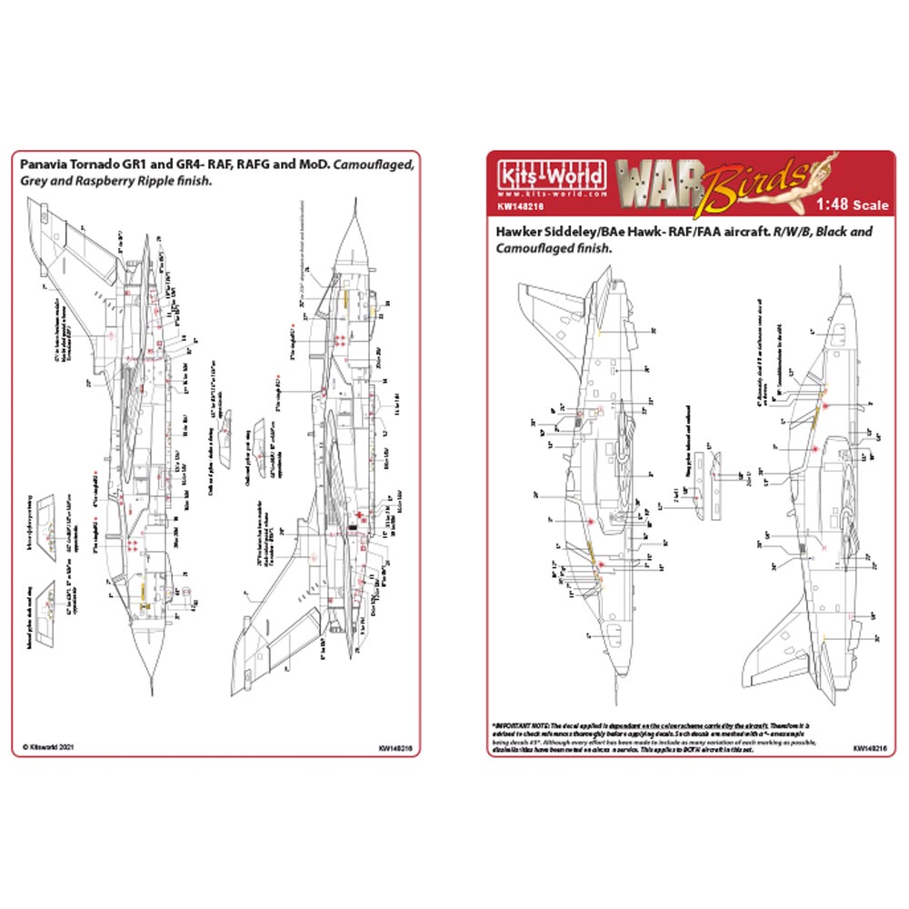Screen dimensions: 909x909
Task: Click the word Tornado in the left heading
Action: pos(103,165)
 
